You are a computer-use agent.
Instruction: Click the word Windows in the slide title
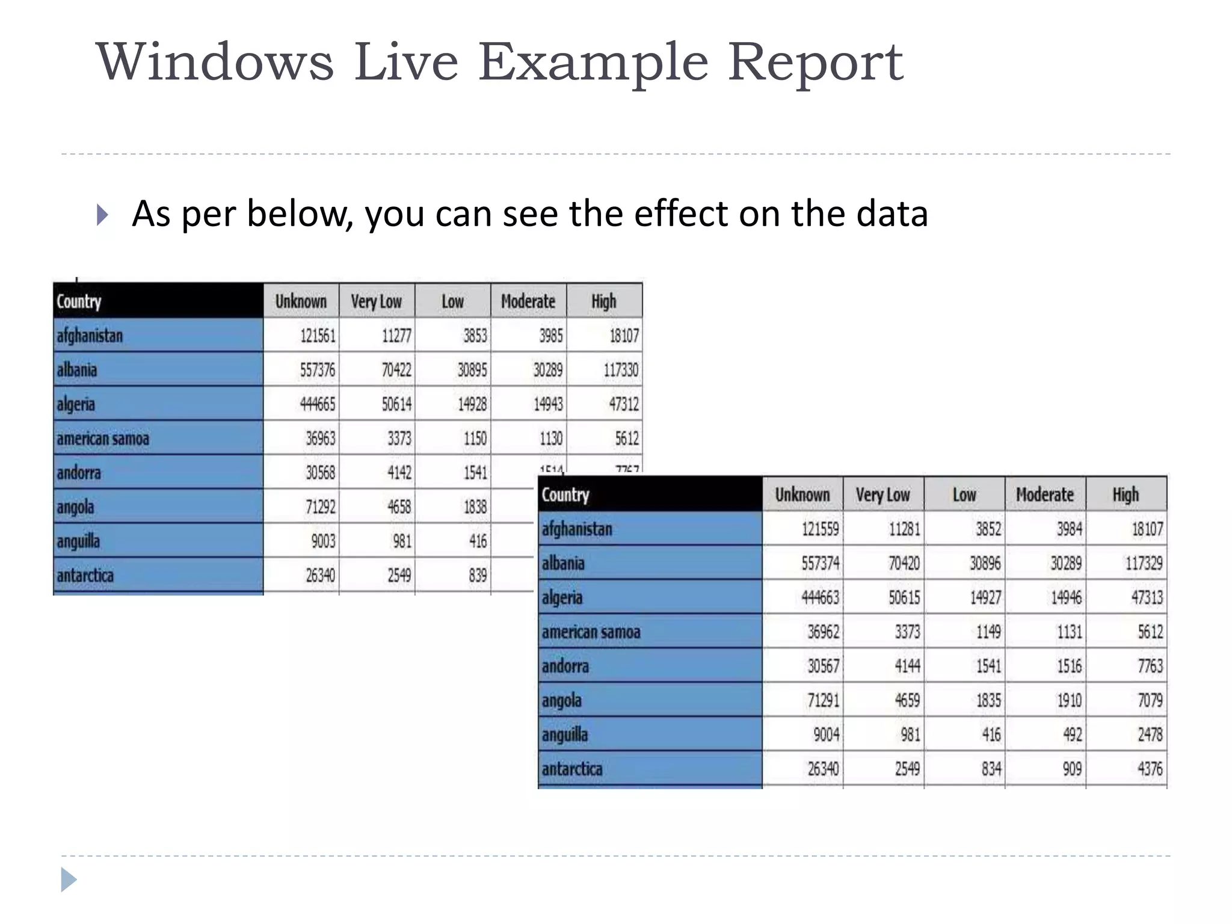tap(215, 62)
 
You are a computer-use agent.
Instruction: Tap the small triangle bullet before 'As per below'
tap(102, 215)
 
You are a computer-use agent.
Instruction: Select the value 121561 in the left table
tap(318, 335)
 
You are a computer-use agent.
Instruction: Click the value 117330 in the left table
tap(621, 369)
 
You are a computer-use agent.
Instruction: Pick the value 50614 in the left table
tap(396, 404)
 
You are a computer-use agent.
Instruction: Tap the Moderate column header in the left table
tap(528, 301)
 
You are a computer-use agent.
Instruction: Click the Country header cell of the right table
tap(565, 494)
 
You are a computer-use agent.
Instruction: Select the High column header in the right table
tap(1126, 494)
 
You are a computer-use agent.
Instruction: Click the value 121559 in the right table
tap(820, 529)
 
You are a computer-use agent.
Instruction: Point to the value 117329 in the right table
tap(1144, 563)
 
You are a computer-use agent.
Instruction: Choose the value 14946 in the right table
tap(1065, 597)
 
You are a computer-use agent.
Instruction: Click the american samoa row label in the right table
tap(591, 632)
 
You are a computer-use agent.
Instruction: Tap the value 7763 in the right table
tap(1150, 666)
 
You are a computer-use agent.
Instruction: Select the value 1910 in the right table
tap(1069, 700)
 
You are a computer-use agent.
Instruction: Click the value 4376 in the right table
tap(1150, 769)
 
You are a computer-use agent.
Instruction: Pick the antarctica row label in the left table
tap(85, 576)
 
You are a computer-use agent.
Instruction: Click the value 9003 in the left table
tap(323, 541)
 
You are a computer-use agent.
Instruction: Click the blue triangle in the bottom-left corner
tap(68, 880)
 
